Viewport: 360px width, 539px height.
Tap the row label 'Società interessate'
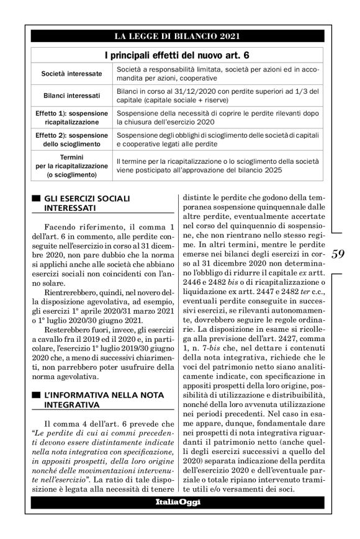pyautogui.click(x=72, y=74)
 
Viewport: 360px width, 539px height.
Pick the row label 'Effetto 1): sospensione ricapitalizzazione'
pyautogui.click(x=72, y=118)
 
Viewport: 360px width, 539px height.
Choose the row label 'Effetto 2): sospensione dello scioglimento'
pyautogui.click(x=72, y=139)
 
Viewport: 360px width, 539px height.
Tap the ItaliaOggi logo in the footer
pyautogui.click(x=178, y=501)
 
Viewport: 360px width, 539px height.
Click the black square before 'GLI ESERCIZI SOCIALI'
pyautogui.click(x=36, y=198)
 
